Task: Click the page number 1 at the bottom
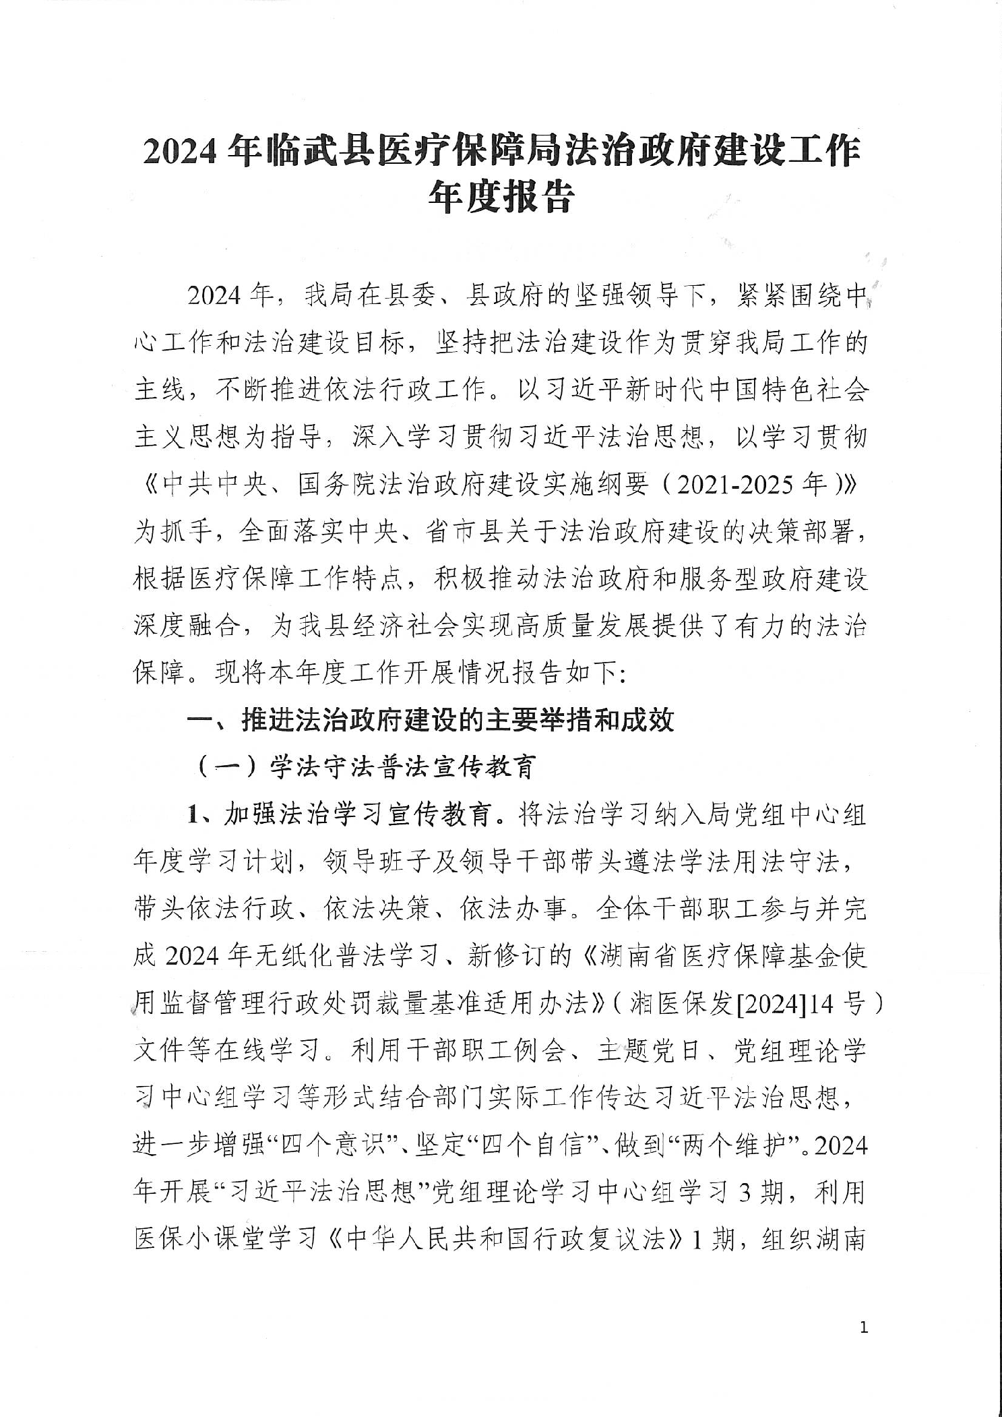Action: [865, 1329]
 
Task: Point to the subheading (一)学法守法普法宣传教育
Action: [367, 767]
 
